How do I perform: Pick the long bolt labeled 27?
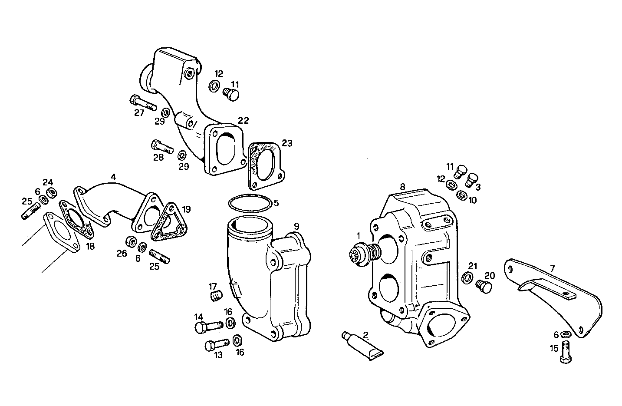click(142, 103)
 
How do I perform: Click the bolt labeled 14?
click(207, 326)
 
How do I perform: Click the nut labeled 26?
click(130, 241)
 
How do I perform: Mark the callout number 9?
click(296, 226)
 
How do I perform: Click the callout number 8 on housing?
click(402, 187)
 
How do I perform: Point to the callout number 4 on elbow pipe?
click(113, 177)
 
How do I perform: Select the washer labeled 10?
click(462, 195)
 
